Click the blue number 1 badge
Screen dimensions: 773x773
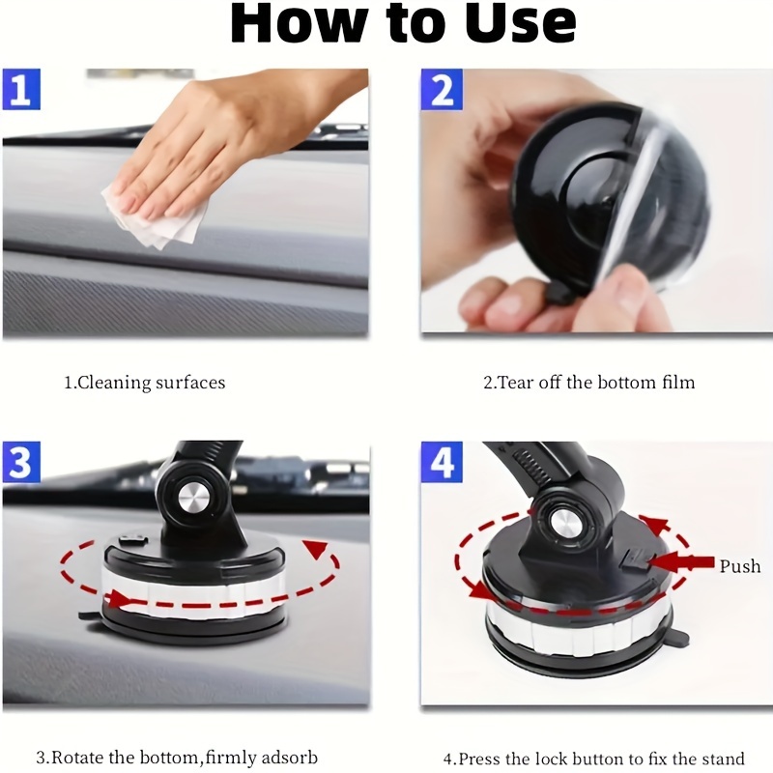tap(21, 89)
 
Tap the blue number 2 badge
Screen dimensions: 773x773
tap(442, 89)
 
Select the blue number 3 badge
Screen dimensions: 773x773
tap(21, 462)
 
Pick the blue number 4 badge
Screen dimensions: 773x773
tap(442, 462)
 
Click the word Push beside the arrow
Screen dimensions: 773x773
tap(740, 566)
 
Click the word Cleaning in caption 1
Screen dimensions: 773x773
tap(114, 383)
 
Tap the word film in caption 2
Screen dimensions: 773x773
tap(678, 383)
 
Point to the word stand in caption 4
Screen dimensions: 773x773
tap(723, 759)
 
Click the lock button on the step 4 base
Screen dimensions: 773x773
tap(635, 560)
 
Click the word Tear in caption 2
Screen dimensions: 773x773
tap(516, 383)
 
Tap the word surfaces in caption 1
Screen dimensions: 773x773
tap(190, 383)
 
